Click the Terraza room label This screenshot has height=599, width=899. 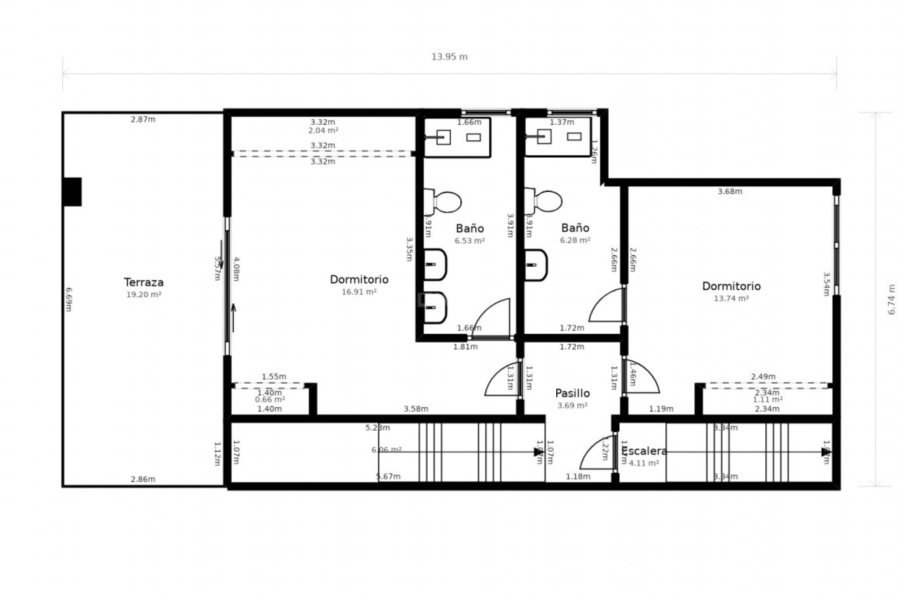pyautogui.click(x=144, y=282)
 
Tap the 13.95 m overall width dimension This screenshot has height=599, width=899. pyautogui.click(x=449, y=57)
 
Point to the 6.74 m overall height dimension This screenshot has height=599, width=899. pyautogui.click(x=892, y=300)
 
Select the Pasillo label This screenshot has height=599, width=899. pyautogui.click(x=572, y=393)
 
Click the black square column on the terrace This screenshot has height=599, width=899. pyautogui.click(x=72, y=191)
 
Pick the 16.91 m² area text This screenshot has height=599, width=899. pyautogui.click(x=359, y=292)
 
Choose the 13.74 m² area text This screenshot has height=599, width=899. pyautogui.click(x=731, y=299)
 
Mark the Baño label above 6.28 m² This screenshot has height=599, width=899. pyautogui.click(x=575, y=228)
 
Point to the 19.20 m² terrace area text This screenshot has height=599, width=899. pyautogui.click(x=144, y=295)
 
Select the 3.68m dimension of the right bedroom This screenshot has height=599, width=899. pyautogui.click(x=730, y=191)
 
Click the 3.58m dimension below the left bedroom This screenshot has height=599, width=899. pyautogui.click(x=416, y=409)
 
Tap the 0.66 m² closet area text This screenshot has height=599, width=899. pyautogui.click(x=270, y=400)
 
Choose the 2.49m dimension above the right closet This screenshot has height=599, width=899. pyautogui.click(x=763, y=377)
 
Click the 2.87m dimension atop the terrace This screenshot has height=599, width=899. pyautogui.click(x=143, y=119)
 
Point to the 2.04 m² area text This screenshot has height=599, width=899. pyautogui.click(x=323, y=131)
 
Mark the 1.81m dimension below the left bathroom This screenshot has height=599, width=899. pyautogui.click(x=465, y=347)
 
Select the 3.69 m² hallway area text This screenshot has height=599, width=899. pyautogui.click(x=572, y=406)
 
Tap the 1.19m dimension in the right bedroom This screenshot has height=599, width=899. pyautogui.click(x=661, y=409)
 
